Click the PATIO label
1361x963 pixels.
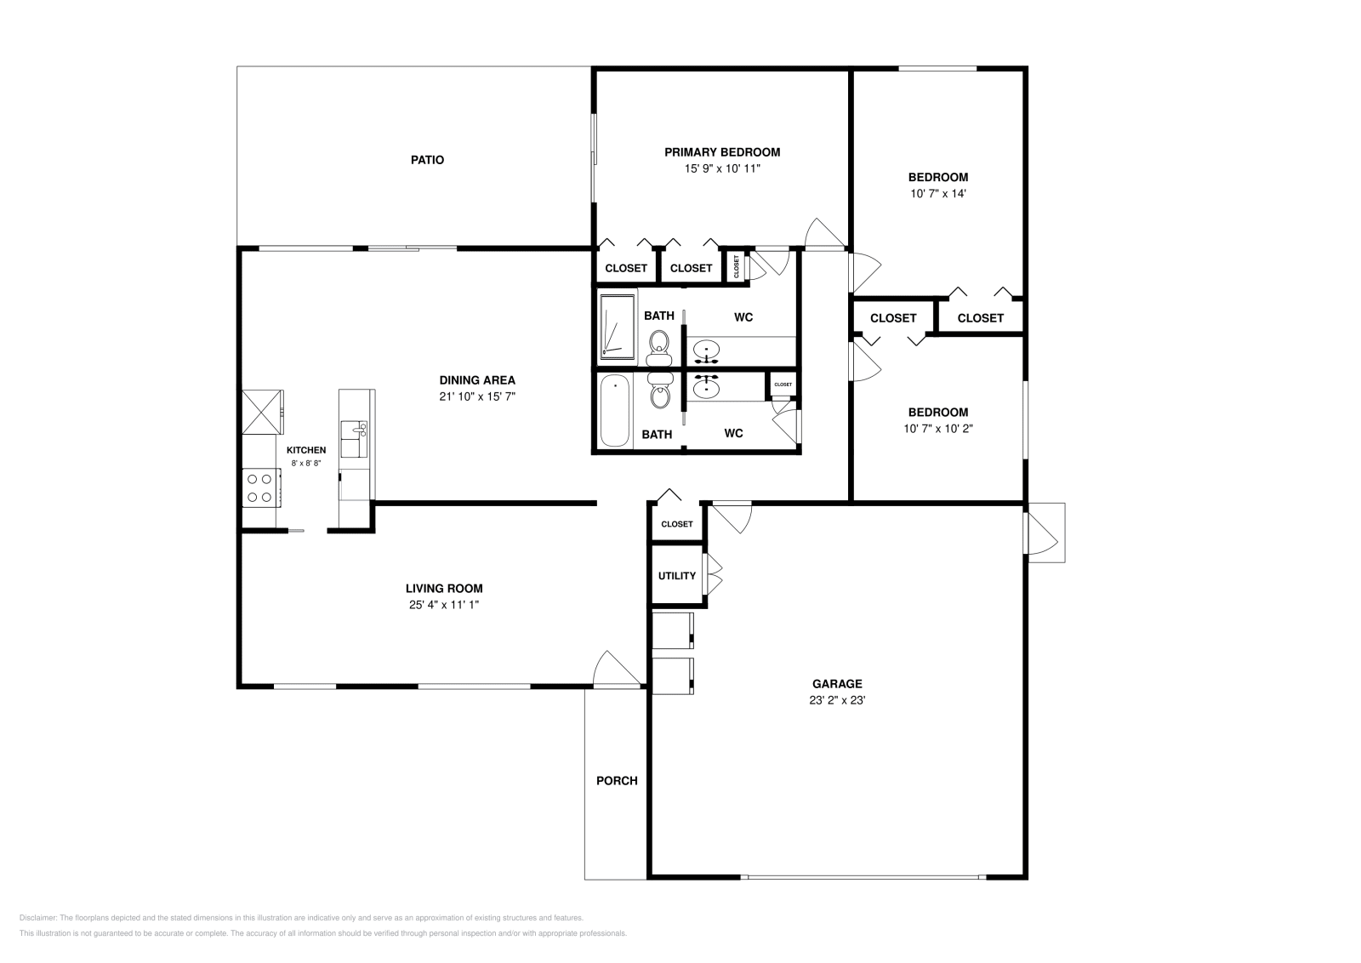[427, 160]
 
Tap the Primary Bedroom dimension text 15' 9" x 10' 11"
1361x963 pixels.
[721, 168]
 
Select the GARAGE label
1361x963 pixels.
[837, 684]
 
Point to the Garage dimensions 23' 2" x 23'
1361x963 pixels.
[837, 701]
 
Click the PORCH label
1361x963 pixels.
[617, 781]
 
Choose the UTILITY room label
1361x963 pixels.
[677, 576]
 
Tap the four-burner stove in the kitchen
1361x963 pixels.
[259, 487]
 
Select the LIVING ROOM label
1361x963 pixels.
[444, 589]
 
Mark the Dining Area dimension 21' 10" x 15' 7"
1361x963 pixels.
[477, 396]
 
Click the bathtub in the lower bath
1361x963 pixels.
[614, 411]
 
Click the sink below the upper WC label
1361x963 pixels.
[705, 350]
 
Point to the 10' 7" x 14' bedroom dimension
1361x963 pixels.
[937, 193]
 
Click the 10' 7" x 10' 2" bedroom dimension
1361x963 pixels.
[937, 429]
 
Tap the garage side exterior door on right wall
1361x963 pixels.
[1044, 533]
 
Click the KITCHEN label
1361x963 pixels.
[306, 451]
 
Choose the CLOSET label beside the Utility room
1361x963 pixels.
[677, 524]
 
